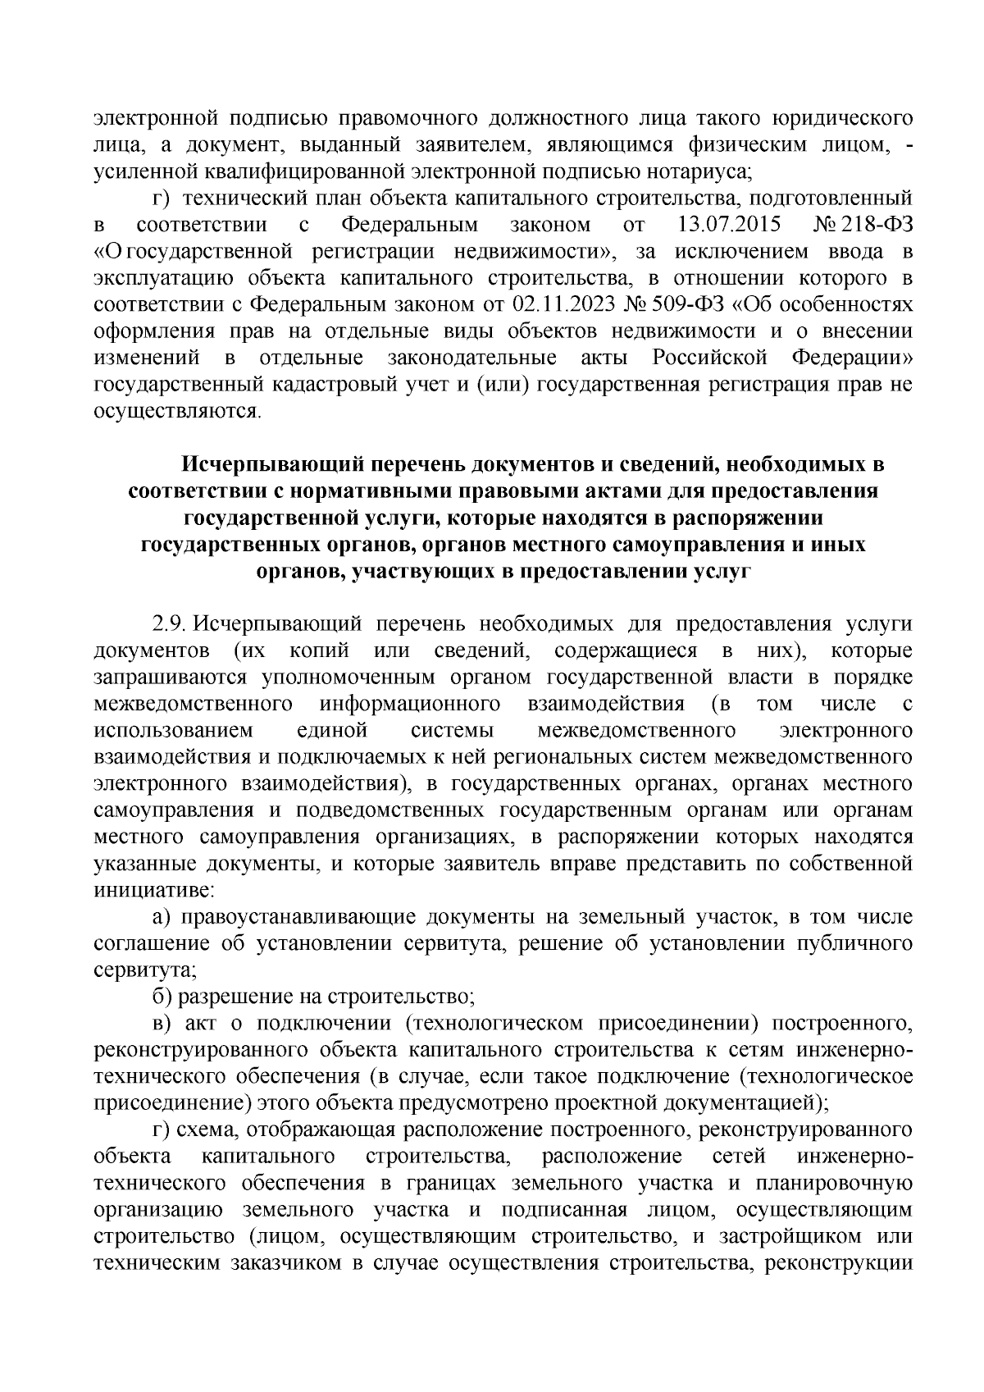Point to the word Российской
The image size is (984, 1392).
tap(709, 358)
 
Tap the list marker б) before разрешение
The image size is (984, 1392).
tap(164, 997)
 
